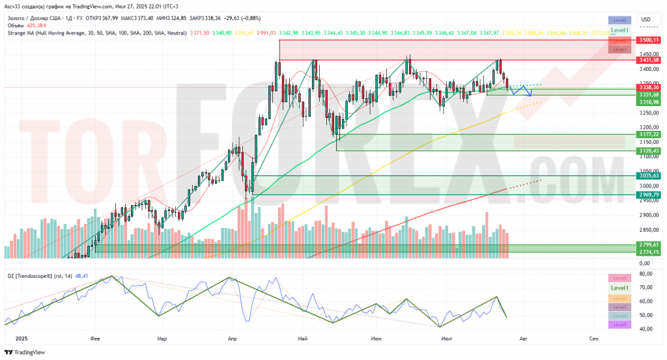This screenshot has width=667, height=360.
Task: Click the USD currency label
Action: pos(646,19)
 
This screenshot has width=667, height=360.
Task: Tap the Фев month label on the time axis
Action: pos(95,339)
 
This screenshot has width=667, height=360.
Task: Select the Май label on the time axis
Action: pos(302,339)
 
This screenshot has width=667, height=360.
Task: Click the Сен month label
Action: pos(593,339)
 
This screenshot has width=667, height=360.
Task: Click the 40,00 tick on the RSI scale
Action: pos(646,329)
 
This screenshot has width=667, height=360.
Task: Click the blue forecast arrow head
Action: pos(530,95)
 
